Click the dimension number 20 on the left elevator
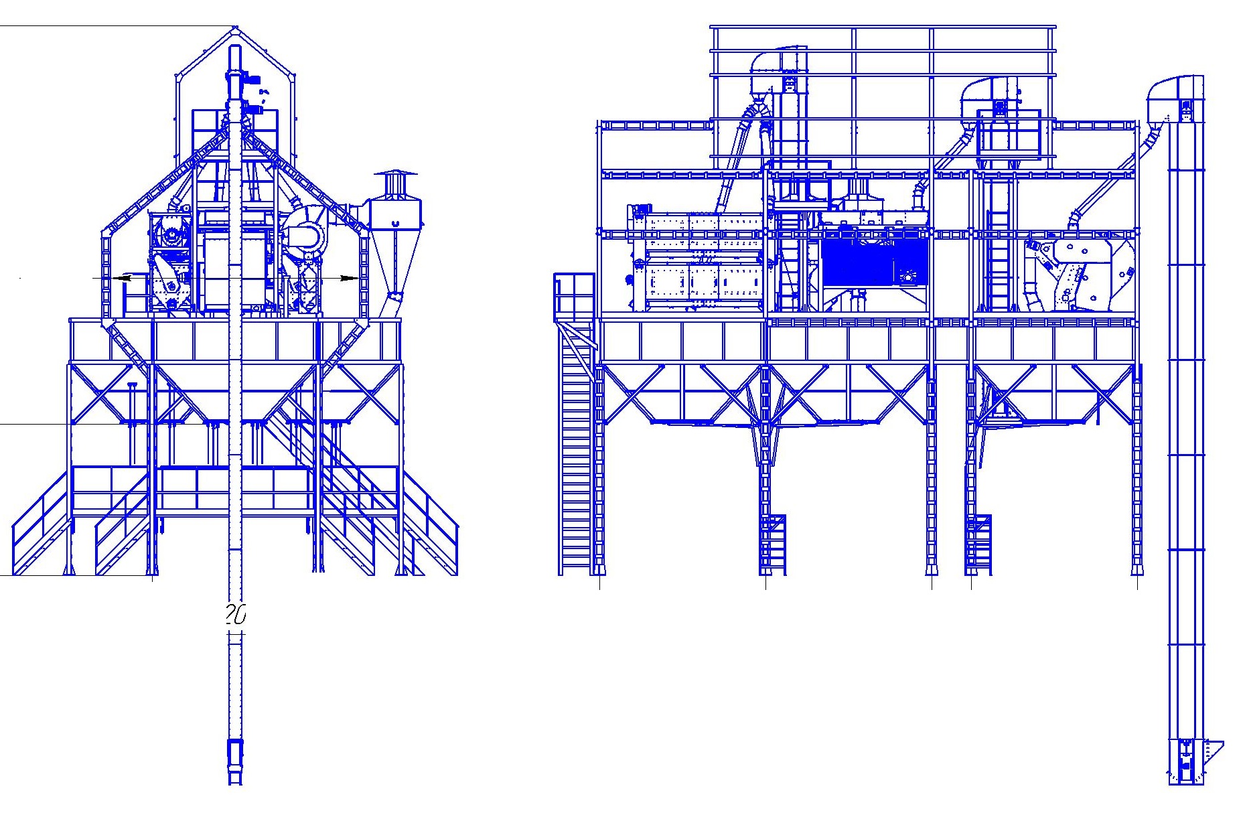click(x=236, y=615)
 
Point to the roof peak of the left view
click(x=234, y=27)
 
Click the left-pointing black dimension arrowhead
click(x=121, y=277)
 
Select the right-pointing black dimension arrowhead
click(x=349, y=277)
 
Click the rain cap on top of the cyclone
click(x=395, y=176)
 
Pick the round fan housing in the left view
click(x=305, y=234)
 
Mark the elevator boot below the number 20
click(x=235, y=762)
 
